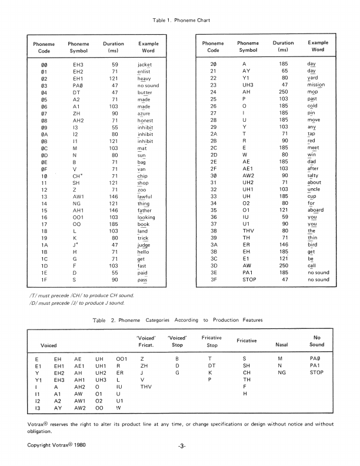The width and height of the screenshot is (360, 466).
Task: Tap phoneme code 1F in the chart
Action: (44, 280)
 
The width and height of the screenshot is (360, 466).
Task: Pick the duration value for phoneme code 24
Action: (284, 92)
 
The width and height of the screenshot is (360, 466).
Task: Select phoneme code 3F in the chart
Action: (213, 280)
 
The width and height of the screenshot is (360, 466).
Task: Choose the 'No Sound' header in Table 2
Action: (316, 341)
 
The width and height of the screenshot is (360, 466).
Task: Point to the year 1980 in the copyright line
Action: (84, 445)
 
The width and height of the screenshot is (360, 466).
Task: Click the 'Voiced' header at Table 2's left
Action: (48, 344)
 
